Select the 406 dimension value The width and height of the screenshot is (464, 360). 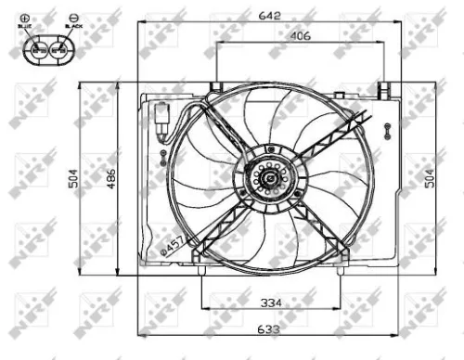tap(298, 36)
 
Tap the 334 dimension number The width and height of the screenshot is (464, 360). tap(271, 302)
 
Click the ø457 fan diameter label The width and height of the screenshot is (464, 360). tap(172, 243)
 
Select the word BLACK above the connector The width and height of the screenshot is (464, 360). tap(74, 27)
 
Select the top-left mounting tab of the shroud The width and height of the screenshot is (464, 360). tap(216, 88)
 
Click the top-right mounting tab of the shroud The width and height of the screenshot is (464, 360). tap(381, 88)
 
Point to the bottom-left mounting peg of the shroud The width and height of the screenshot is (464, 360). tap(201, 270)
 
